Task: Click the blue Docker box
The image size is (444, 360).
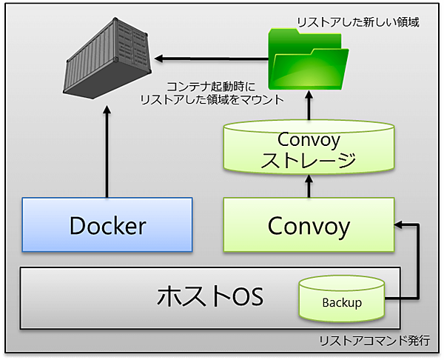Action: click(x=107, y=224)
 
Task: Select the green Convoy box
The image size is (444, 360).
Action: click(x=307, y=224)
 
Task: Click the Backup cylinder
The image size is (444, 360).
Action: click(x=342, y=301)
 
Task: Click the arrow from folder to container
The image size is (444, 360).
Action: click(x=211, y=56)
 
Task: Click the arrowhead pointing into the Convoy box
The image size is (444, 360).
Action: click(x=400, y=222)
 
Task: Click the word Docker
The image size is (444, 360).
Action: click(x=107, y=225)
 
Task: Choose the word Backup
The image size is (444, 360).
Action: click(x=342, y=303)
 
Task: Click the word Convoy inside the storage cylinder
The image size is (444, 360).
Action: click(x=307, y=139)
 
